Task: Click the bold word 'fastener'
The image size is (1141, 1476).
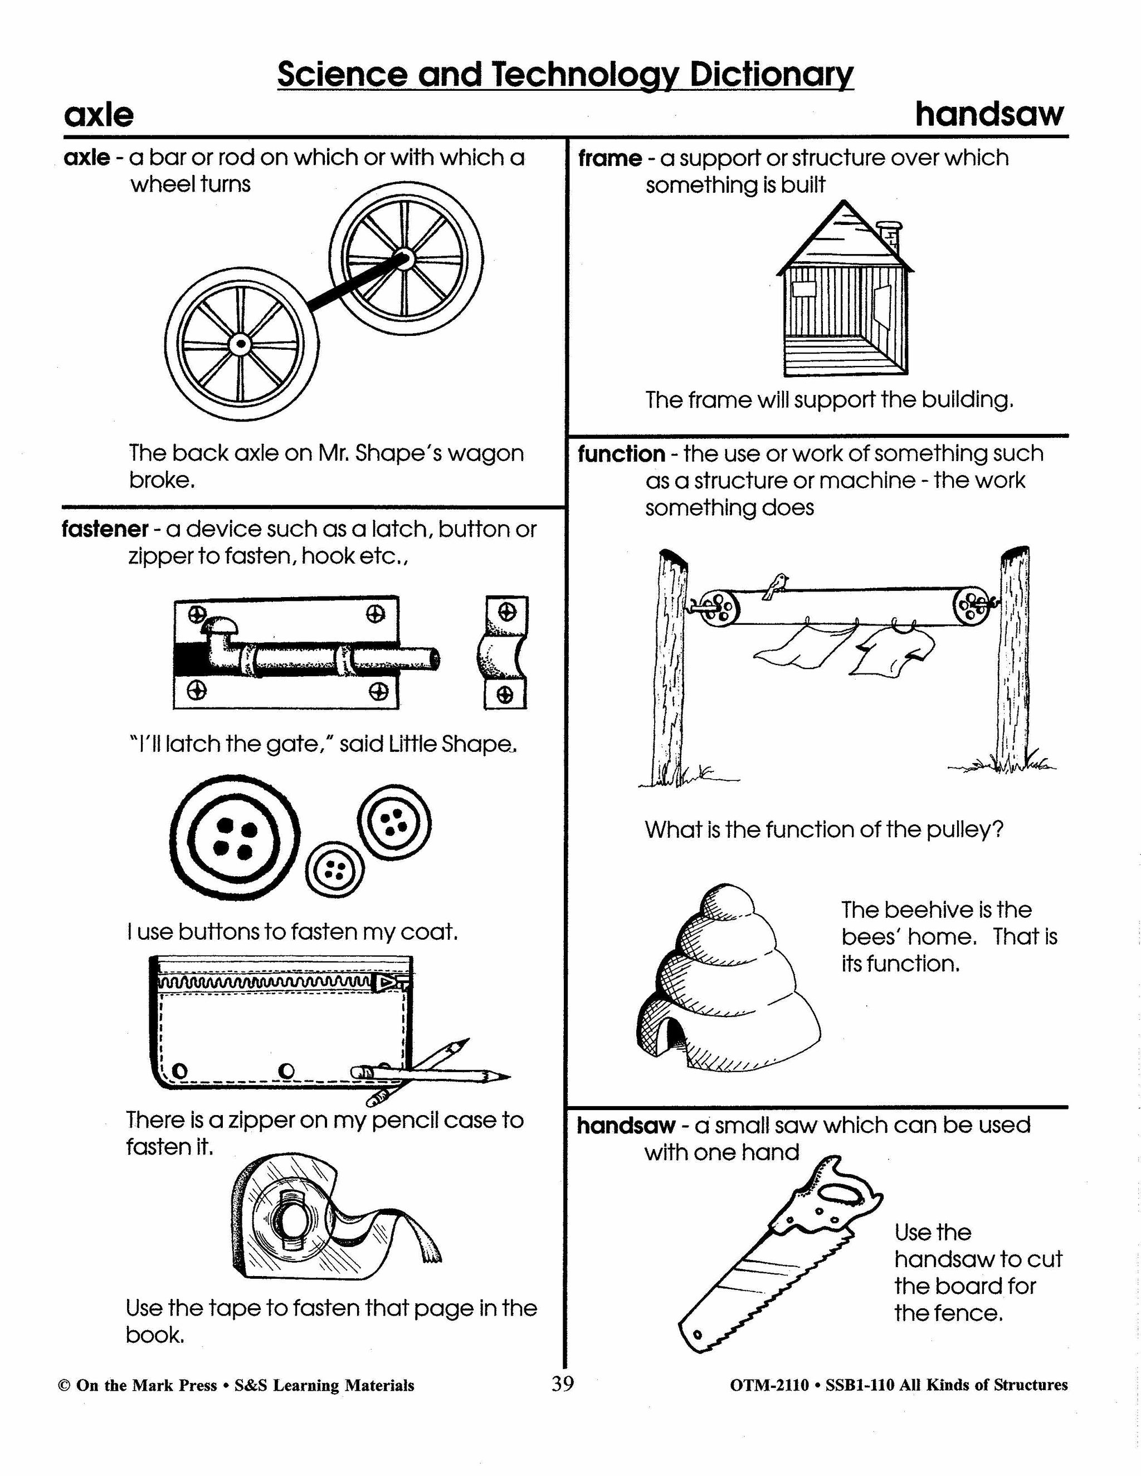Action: point(105,529)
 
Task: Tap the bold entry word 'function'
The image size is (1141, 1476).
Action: point(621,454)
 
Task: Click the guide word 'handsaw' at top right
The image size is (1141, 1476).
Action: point(989,114)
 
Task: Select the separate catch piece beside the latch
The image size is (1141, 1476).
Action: point(505,653)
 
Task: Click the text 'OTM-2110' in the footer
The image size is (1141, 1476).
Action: point(769,1385)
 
